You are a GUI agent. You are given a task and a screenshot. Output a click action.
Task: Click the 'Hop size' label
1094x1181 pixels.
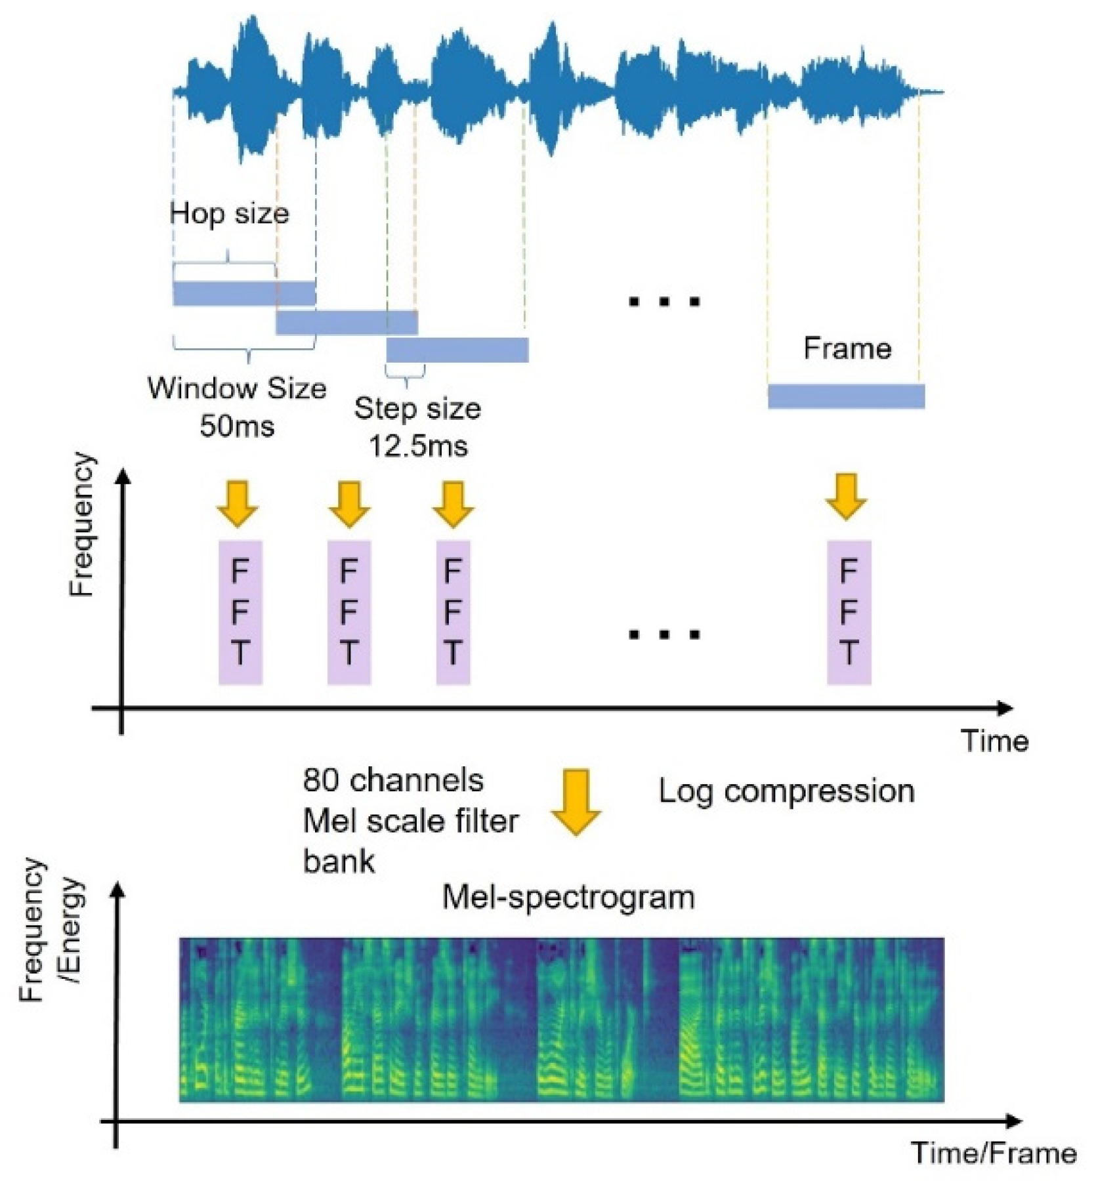[x=229, y=214]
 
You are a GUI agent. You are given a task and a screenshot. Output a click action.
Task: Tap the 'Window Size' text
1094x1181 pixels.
[x=237, y=388]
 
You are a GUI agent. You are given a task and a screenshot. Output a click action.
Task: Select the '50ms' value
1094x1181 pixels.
[x=237, y=426]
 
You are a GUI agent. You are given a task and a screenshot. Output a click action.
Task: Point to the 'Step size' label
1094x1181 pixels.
[x=417, y=408]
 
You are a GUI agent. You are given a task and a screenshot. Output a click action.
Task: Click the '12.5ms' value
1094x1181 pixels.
[x=418, y=446]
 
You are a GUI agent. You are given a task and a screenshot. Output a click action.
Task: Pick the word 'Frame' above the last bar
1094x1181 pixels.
[x=847, y=348]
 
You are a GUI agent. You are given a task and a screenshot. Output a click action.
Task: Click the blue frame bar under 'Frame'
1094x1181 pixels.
[x=846, y=396]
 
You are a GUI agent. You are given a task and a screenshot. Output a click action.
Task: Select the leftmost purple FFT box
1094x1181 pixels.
[x=240, y=612]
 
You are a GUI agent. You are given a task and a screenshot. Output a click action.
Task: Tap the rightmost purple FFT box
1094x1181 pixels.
[x=849, y=612]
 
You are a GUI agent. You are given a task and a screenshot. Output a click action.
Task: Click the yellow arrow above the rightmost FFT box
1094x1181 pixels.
[x=846, y=496]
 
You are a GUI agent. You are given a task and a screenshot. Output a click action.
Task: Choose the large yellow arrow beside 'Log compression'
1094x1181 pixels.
[x=576, y=802]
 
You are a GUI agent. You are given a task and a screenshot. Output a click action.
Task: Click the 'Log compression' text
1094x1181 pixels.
[x=786, y=791]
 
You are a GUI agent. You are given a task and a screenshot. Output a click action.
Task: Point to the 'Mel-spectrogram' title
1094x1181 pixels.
[x=568, y=897]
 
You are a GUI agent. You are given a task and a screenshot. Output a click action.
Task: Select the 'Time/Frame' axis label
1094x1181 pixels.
[x=994, y=1153]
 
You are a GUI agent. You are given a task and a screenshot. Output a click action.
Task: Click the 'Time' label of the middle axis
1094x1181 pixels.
[x=995, y=741]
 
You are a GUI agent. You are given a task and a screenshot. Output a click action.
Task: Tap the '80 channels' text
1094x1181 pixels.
[x=393, y=780]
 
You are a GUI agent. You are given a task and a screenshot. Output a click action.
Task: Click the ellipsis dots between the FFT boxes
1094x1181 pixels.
[x=665, y=634]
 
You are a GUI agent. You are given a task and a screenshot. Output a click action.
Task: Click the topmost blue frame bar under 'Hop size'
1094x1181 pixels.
[x=244, y=293]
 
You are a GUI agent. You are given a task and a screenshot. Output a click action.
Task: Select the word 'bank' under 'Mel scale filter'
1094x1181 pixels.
[x=339, y=861]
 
